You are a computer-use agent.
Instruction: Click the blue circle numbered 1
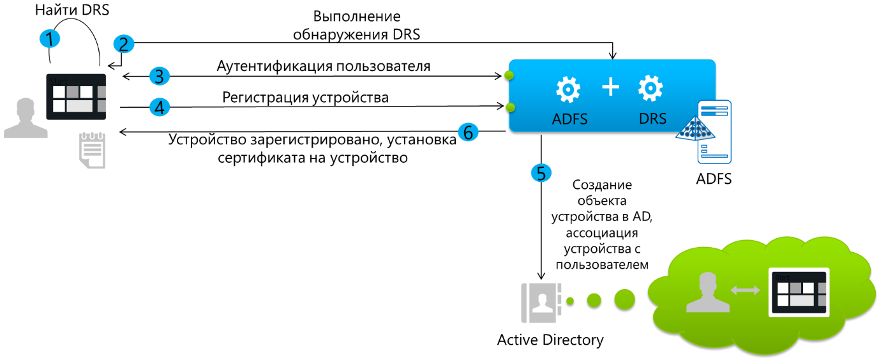point(49,38)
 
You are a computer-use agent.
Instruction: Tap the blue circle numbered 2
point(124,44)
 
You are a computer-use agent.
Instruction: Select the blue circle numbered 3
point(160,76)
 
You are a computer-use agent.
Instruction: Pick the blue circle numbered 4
point(160,107)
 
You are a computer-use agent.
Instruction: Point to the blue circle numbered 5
point(541,173)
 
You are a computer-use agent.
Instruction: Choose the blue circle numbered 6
point(468,132)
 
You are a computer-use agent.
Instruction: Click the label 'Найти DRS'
point(72,10)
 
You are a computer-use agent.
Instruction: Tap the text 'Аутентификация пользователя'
point(324,66)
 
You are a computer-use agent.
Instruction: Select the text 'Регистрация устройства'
point(305,98)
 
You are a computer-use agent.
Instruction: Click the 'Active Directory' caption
point(550,340)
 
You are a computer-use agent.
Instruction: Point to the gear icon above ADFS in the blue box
point(568,89)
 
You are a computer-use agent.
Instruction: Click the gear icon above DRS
point(650,88)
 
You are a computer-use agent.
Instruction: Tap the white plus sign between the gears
point(611,87)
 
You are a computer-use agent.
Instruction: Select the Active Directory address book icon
point(541,303)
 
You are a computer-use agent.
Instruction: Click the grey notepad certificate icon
point(93,151)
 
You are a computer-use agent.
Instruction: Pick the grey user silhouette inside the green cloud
point(707,292)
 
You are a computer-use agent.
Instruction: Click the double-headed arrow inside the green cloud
point(745,290)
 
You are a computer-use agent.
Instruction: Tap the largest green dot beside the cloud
point(625,299)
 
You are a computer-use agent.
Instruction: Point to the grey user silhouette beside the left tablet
point(26,118)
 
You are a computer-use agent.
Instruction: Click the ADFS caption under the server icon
point(714,179)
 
